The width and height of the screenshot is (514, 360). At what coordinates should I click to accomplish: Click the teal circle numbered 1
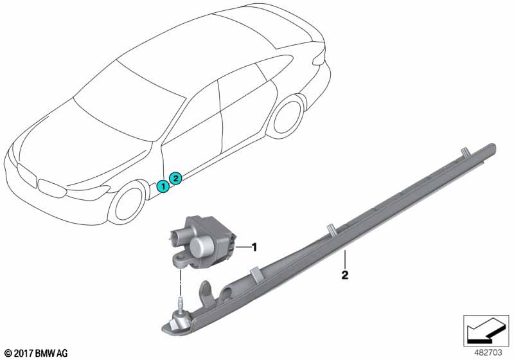pyautogui.click(x=163, y=186)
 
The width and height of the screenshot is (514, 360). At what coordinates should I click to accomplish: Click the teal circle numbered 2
pyautogui.click(x=175, y=178)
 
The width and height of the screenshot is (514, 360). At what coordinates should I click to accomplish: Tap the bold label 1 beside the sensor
pyautogui.click(x=254, y=247)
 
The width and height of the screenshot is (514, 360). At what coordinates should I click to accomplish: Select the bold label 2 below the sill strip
pyautogui.click(x=344, y=274)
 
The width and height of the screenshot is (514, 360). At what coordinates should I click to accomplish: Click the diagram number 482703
pyautogui.click(x=488, y=352)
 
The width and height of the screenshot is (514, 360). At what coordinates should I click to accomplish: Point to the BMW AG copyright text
pyautogui.click(x=37, y=353)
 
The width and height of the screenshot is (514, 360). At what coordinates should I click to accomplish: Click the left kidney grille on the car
pyautogui.click(x=26, y=175)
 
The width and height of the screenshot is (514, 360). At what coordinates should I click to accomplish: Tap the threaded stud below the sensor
pyautogui.click(x=179, y=303)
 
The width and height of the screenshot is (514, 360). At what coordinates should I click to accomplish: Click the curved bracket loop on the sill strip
pyautogui.click(x=206, y=292)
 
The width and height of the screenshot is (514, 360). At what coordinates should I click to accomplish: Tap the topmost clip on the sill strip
pyautogui.click(x=465, y=152)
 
